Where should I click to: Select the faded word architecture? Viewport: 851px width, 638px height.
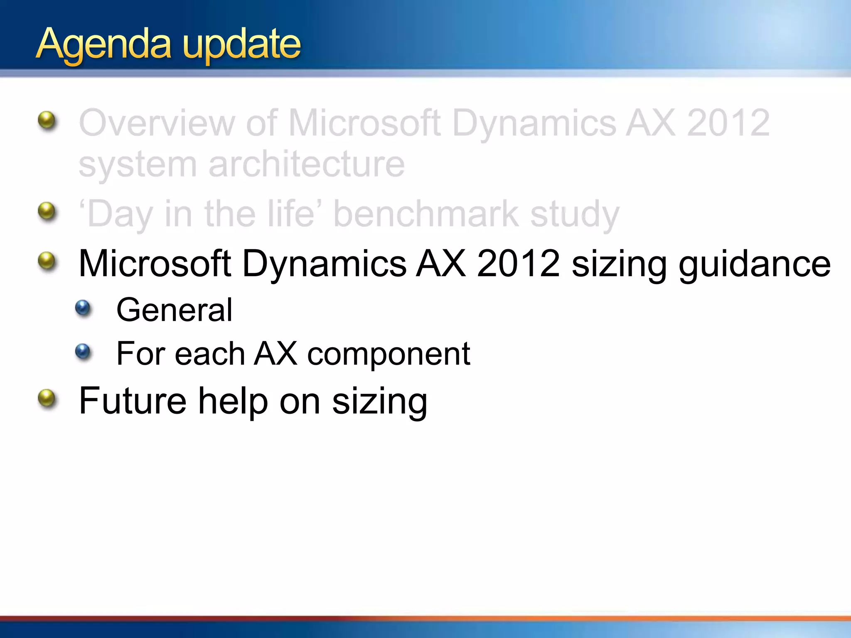tap(306, 164)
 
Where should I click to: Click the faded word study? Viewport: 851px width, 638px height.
tap(575, 215)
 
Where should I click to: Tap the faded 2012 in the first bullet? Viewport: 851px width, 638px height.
tap(728, 123)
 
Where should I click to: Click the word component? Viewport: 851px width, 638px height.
tap(389, 354)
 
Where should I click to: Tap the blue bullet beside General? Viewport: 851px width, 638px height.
tap(83, 308)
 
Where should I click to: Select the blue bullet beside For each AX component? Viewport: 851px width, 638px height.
tap(83, 352)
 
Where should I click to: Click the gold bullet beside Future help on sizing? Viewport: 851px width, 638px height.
tap(47, 398)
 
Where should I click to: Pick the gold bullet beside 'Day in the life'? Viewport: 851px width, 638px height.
tap(47, 211)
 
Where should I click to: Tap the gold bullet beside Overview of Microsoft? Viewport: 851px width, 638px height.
tap(47, 120)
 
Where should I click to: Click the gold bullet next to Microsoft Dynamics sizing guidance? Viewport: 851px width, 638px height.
tap(47, 261)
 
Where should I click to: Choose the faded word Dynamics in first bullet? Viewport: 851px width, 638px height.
tap(534, 123)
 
